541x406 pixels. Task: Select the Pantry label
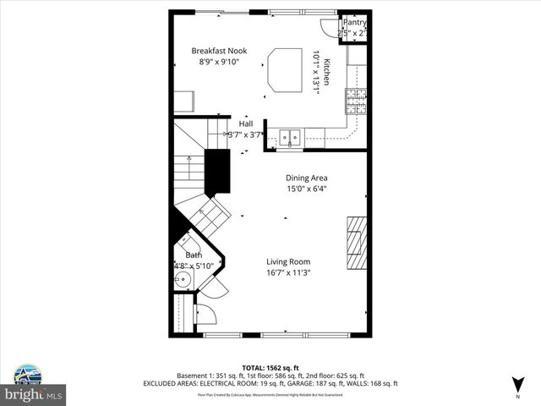354,22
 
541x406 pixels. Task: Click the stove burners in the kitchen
355,101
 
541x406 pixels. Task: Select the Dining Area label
306,178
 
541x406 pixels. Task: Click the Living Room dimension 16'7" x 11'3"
289,272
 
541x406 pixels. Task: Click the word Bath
194,255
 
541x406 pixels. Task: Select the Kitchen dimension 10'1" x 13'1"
319,73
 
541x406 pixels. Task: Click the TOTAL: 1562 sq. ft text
270,367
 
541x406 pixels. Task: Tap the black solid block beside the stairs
218,171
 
